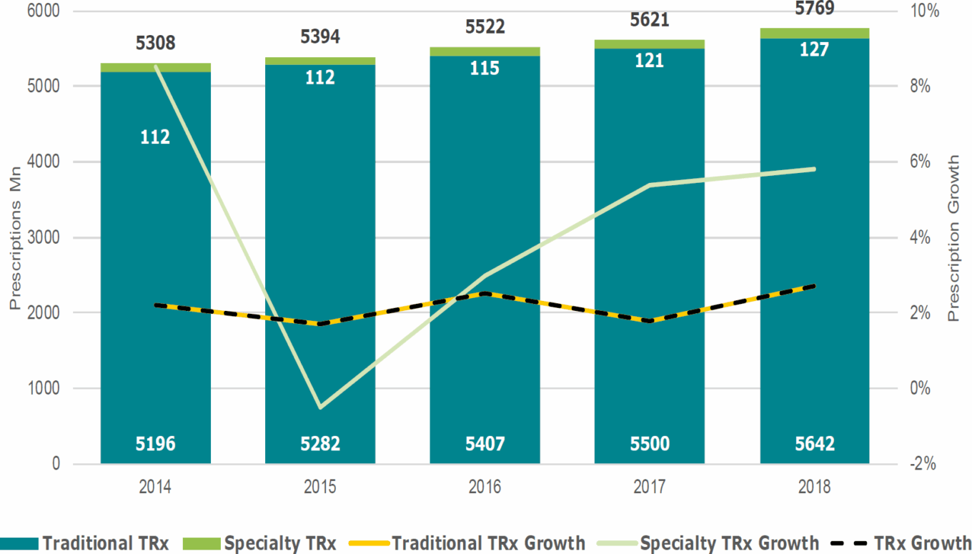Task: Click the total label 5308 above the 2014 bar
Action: coord(155,44)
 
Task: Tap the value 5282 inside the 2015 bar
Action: coord(320,444)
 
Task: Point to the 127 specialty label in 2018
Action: coord(814,50)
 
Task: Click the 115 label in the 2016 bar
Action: coord(485,69)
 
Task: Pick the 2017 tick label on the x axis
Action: coord(650,488)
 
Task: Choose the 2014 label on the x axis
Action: coord(155,488)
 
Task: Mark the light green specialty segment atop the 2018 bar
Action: coord(814,33)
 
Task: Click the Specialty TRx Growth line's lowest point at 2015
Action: coord(320,407)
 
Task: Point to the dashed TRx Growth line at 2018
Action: coord(814,286)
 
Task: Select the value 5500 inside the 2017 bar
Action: coord(650,444)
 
